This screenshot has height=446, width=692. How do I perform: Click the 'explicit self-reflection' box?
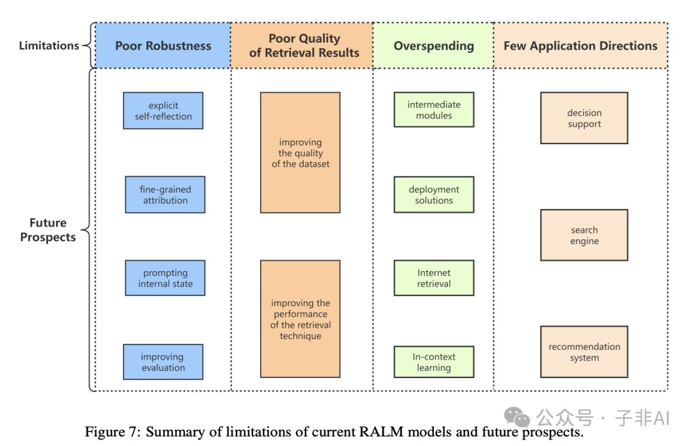(163, 111)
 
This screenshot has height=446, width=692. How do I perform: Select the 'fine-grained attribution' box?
(165, 195)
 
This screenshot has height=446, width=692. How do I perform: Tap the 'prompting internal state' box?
(165, 278)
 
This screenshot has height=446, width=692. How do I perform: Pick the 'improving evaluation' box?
(163, 362)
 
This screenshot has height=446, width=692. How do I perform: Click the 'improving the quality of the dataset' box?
(301, 153)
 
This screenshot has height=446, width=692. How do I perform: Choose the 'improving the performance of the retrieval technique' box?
(301, 319)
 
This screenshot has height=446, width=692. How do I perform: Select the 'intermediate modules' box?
(434, 110)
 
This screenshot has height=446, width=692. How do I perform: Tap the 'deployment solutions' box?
(434, 195)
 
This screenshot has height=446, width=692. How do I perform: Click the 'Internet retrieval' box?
(434, 278)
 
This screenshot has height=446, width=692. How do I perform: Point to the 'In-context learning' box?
(434, 362)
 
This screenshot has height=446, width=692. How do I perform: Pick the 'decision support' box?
(584, 118)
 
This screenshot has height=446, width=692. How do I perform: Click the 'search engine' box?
(584, 235)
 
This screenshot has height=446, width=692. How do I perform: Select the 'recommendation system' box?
(584, 352)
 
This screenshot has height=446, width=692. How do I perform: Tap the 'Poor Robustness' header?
(163, 45)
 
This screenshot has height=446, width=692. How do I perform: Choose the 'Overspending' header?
(434, 45)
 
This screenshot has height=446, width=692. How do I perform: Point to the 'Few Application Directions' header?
(581, 45)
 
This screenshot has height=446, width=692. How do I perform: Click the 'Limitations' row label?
(49, 45)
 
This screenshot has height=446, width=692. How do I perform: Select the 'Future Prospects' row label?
(48, 230)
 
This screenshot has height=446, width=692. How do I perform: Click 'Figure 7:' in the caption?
(113, 432)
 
